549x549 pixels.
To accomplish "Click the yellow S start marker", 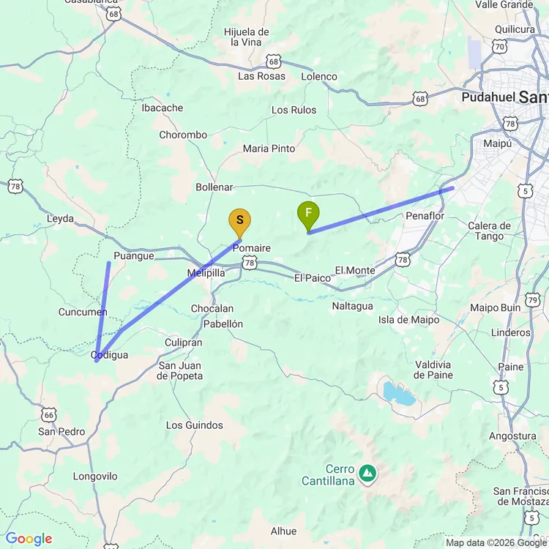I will coord(240,220).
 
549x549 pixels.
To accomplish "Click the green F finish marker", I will coord(308,213).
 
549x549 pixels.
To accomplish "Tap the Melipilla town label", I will coord(206,272).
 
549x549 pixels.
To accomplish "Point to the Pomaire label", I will coord(252,248).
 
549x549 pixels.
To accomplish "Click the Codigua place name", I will coord(110,355).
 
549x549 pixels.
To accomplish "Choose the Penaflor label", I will coord(425,216).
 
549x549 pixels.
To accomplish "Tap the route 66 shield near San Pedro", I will coord(49,414).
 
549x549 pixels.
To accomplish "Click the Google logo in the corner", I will coord(28,539).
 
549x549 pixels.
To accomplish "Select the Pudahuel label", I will coord(488,97).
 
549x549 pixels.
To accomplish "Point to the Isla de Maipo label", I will coord(409,320).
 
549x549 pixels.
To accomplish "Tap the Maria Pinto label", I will coord(269,149).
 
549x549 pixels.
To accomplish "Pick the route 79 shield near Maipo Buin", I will coord(533,299).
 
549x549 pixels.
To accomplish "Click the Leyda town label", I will coord(61,218).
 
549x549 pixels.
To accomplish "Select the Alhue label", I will coord(283,531).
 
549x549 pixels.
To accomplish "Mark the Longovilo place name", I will coord(95,477).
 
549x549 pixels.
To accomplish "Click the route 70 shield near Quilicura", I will coord(499,46).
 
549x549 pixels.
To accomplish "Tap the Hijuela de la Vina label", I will coord(247,37).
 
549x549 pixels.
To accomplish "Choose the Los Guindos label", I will coord(195,425).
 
